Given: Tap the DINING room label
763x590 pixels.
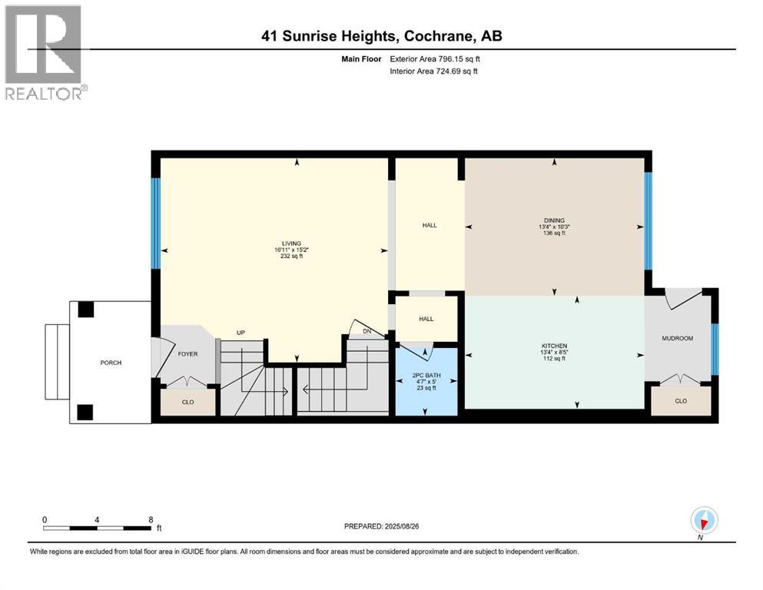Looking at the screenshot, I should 552,220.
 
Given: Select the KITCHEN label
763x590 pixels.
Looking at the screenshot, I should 554,346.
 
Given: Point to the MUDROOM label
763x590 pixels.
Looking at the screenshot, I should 678,338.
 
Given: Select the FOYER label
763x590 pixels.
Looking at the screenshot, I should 187,355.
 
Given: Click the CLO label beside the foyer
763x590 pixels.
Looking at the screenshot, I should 187,400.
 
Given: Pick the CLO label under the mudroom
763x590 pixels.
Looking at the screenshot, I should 680,400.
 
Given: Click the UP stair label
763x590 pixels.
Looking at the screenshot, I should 241,333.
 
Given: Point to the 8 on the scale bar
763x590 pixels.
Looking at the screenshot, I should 151,519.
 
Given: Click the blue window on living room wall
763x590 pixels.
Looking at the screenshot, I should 155,224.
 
